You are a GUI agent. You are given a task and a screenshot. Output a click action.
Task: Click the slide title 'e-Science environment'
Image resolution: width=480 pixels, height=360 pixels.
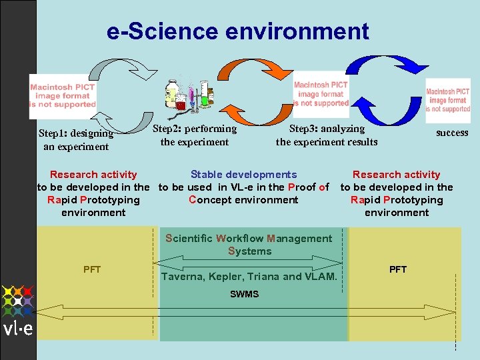pos(237,31)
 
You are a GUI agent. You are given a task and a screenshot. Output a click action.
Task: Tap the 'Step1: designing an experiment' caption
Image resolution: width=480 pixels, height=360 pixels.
pos(76,140)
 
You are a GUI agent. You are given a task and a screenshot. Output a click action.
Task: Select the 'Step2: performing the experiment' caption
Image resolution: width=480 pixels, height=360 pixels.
pos(195,135)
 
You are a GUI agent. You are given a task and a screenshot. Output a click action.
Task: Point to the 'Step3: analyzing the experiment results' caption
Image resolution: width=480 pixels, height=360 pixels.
pos(327,135)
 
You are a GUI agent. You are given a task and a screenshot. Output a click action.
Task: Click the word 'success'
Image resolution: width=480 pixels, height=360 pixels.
pos(452,133)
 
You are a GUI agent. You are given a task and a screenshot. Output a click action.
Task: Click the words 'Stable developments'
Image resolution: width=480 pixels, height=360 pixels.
pos(243,175)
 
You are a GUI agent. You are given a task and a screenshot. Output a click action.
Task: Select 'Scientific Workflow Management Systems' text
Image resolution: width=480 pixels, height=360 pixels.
pos(249,245)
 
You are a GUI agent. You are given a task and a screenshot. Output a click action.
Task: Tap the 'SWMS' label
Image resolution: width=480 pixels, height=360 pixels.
pos(245,294)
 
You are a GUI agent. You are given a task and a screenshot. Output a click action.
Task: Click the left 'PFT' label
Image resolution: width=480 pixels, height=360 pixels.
pos(92,269)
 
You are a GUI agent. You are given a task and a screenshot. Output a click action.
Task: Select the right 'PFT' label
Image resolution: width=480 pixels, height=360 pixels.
pos(398,269)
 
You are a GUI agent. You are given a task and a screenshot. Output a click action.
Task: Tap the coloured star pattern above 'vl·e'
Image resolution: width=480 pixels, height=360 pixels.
pos(17,301)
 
